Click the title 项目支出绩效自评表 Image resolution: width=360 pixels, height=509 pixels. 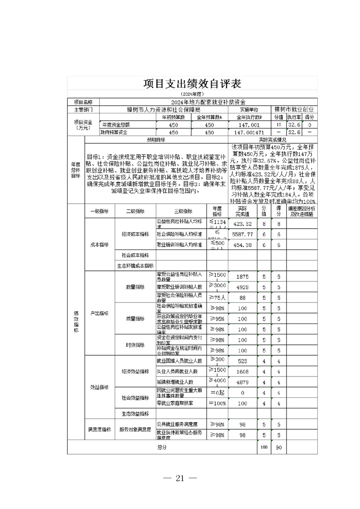click(192, 84)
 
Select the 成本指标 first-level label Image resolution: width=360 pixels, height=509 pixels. click(99, 245)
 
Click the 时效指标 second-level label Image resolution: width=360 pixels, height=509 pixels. click(135, 345)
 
